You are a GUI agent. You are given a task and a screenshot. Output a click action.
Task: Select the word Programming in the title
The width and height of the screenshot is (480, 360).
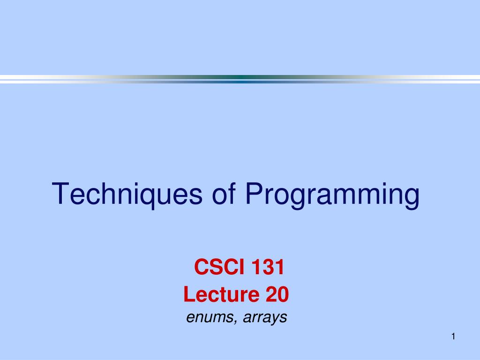(332, 195)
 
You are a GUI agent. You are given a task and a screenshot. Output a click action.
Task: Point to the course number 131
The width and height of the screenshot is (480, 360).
(268, 267)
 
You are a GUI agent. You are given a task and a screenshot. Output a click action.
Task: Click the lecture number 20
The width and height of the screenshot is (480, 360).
(277, 294)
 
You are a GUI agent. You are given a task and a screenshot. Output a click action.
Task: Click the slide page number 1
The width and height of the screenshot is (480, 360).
(453, 337)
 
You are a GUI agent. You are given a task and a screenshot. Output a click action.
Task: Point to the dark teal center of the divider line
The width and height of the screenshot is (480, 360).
(240, 79)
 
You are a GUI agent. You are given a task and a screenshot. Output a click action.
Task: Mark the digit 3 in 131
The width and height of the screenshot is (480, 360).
(268, 267)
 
